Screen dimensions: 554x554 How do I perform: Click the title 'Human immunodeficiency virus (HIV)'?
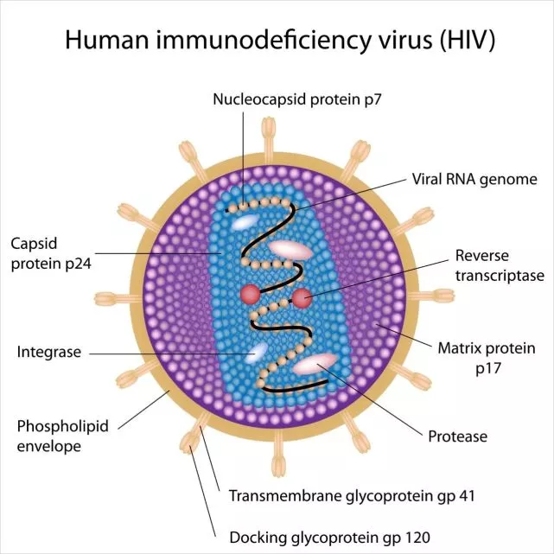click(x=277, y=40)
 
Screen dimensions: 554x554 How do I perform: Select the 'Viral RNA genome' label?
click(x=474, y=179)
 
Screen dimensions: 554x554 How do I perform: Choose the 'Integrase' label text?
click(x=49, y=352)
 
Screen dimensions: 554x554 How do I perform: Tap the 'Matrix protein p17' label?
click(x=487, y=357)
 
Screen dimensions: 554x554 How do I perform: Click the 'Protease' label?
click(x=458, y=436)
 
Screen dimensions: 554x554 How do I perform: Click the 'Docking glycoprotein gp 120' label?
click(x=328, y=537)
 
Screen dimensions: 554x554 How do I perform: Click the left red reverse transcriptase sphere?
click(x=251, y=293)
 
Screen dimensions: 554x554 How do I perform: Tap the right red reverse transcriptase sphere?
click(x=302, y=298)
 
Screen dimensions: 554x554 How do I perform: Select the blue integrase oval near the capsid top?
click(x=243, y=221)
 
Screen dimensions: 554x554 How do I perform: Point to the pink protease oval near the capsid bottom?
click(x=313, y=364)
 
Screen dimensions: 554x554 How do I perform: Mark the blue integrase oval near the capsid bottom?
click(x=258, y=353)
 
